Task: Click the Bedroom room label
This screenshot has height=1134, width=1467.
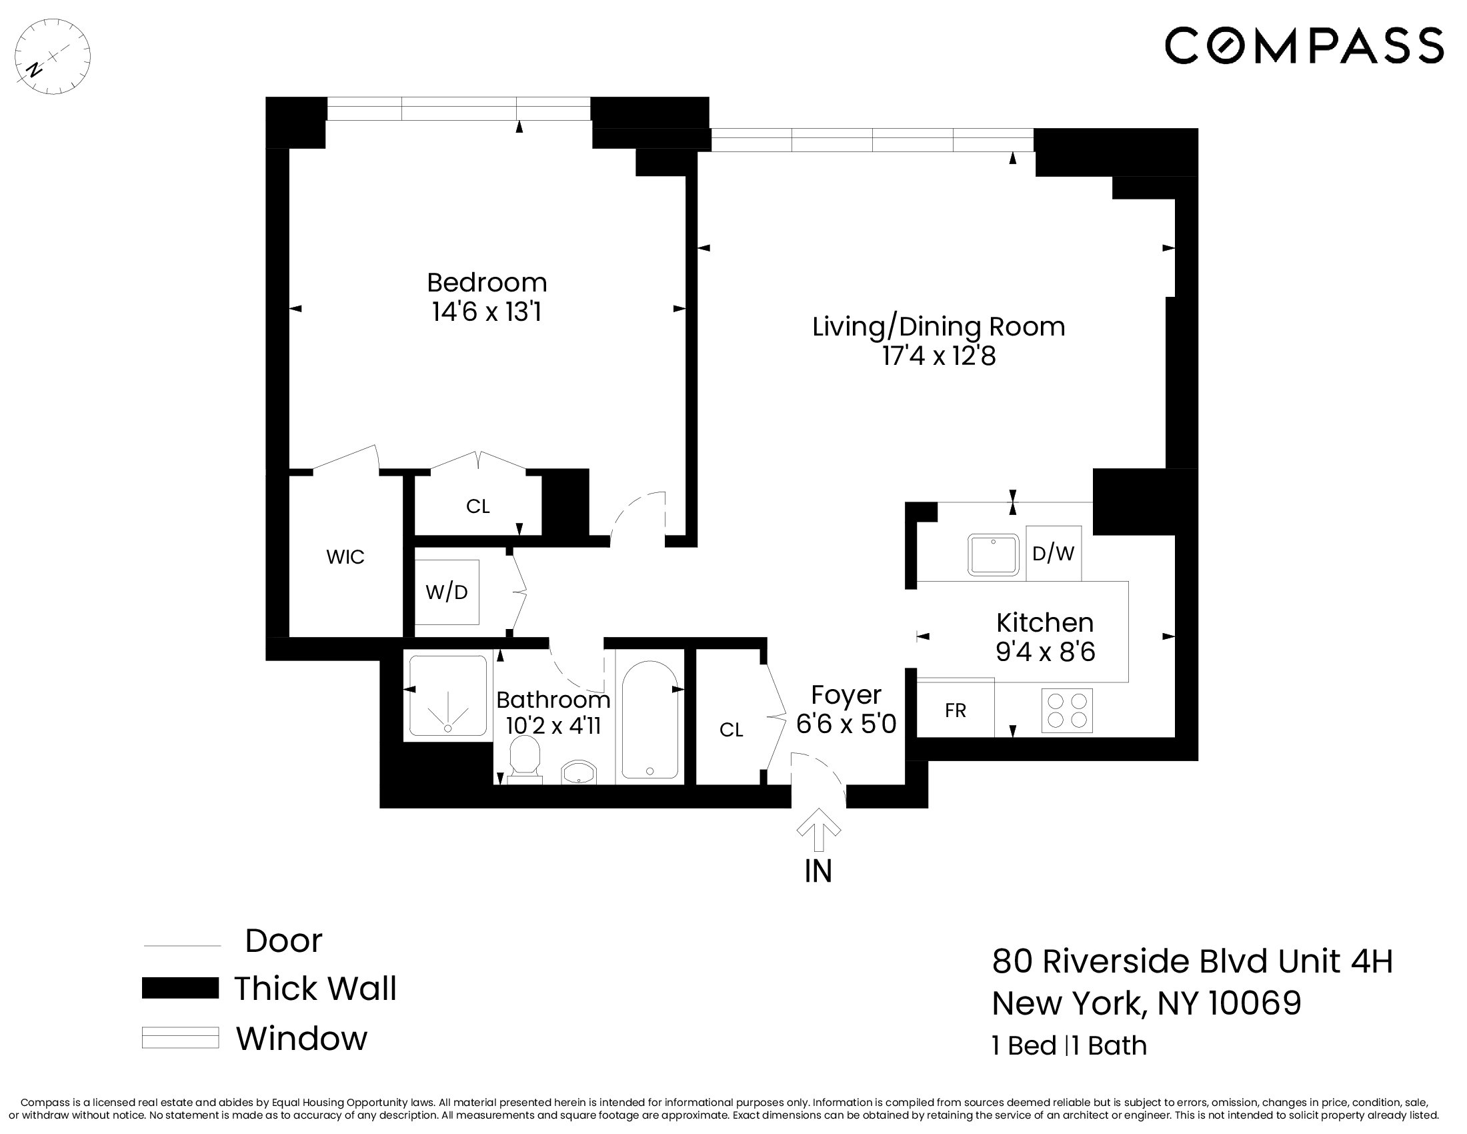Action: [486, 282]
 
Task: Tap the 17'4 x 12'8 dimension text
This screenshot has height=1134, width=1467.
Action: [938, 356]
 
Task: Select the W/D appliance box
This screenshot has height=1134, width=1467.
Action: [446, 592]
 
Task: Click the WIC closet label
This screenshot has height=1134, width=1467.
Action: [345, 556]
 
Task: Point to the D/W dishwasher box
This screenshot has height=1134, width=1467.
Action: [1053, 553]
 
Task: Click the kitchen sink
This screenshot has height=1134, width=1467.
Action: [993, 554]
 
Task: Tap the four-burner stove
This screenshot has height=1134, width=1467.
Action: [1067, 710]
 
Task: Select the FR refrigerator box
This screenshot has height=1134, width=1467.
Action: [955, 710]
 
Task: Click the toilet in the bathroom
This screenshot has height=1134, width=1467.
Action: [525, 759]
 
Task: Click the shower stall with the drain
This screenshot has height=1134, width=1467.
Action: [447, 696]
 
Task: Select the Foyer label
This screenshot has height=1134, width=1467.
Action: [846, 694]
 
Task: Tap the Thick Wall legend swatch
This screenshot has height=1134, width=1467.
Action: [180, 988]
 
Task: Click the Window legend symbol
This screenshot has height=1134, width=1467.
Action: [180, 1037]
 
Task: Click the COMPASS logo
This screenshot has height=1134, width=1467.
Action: [1303, 45]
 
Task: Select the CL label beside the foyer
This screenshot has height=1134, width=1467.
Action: [731, 730]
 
